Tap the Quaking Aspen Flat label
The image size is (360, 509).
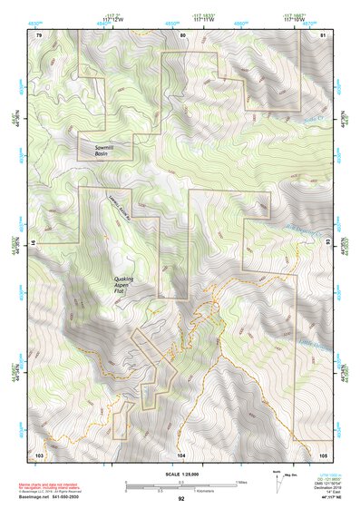pos(129,285)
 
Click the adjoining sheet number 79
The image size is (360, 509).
pos(39,33)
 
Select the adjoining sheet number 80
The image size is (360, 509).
pos(182,33)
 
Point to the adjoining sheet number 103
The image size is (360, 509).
pos(39,454)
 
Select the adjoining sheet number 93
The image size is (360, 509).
pos(328,243)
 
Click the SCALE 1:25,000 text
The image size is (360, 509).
pos(180,473)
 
